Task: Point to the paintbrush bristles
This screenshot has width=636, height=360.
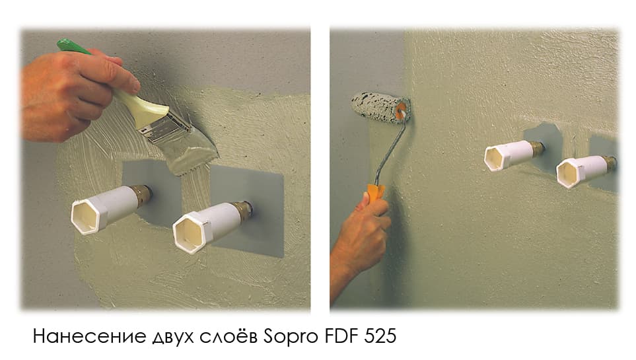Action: [190, 150]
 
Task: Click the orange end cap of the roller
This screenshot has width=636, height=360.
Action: [401, 111]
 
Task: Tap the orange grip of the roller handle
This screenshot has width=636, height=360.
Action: [376, 192]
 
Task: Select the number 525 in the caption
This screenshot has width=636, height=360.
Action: [380, 336]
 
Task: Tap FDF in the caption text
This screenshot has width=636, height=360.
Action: [341, 336]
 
